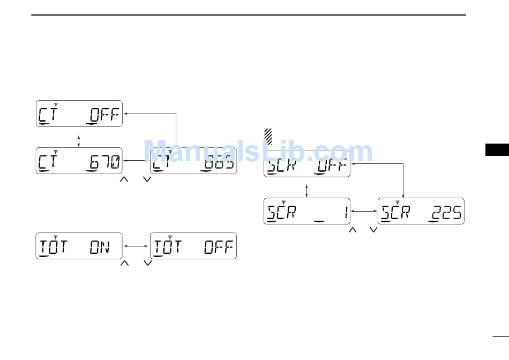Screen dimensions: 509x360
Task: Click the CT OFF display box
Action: (79, 114)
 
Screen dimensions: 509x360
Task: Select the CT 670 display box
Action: (79, 160)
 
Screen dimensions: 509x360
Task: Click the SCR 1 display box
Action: (307, 211)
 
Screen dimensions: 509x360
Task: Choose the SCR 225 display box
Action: (421, 211)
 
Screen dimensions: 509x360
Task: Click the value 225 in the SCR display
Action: (446, 213)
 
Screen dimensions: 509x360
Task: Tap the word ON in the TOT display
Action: (100, 247)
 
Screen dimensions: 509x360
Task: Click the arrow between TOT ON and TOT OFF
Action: (137, 246)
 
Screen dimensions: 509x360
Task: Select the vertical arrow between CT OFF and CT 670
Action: (79, 140)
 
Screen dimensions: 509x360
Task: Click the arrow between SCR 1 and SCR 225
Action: (364, 212)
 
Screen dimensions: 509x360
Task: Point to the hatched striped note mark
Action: (269, 136)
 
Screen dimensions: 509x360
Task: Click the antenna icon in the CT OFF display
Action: (56, 103)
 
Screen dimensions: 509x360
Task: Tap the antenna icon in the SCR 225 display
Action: (398, 202)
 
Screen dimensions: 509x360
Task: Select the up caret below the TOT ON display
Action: (124, 263)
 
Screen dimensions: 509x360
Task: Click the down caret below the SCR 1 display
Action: (374, 229)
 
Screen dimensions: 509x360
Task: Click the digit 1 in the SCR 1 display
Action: (346, 213)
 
